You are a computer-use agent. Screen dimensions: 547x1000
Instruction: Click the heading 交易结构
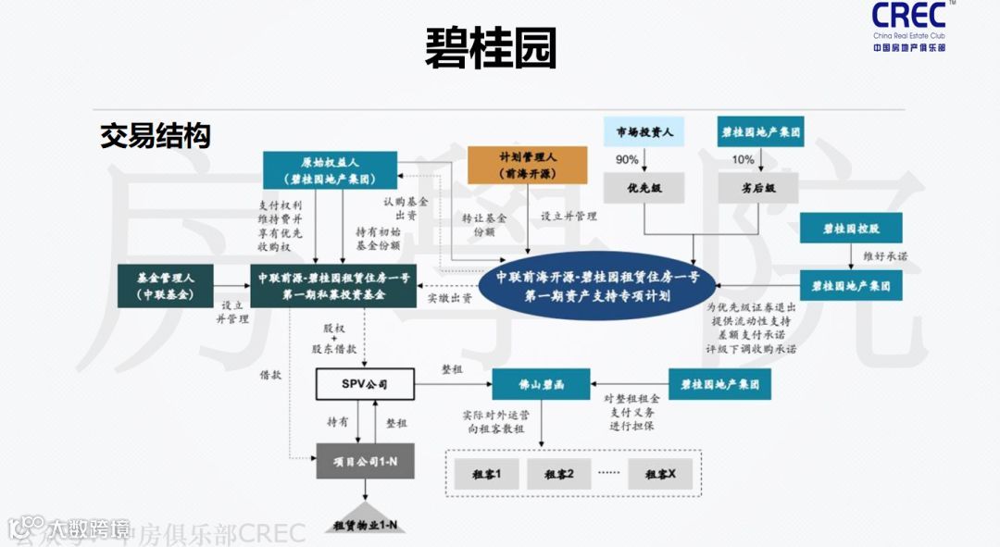[x=155, y=136]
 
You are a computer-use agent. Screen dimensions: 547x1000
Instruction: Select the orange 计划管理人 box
[x=527, y=165]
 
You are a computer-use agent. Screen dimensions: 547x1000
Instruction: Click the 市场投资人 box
[x=644, y=132]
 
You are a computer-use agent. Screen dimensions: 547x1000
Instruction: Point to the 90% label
[x=627, y=159]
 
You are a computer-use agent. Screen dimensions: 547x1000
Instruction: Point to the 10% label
[x=743, y=159]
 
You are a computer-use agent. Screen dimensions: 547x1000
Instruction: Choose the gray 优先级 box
[x=644, y=188]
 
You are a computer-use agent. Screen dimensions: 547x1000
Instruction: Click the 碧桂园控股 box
[x=851, y=227]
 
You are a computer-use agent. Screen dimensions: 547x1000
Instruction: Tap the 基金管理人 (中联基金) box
[x=164, y=285]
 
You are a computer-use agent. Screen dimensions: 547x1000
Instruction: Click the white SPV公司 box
[x=364, y=382]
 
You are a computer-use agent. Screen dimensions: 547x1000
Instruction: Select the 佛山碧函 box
[x=541, y=382]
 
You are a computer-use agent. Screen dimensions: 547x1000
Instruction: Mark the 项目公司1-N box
[x=364, y=460]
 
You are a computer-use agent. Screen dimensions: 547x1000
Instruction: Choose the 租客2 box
[x=558, y=474]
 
